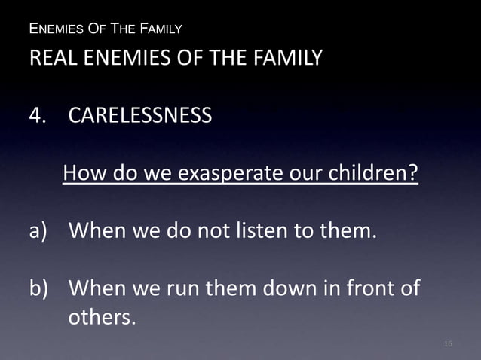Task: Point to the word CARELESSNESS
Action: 140,117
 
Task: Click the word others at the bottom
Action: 103,318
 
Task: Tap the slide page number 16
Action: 448,344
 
